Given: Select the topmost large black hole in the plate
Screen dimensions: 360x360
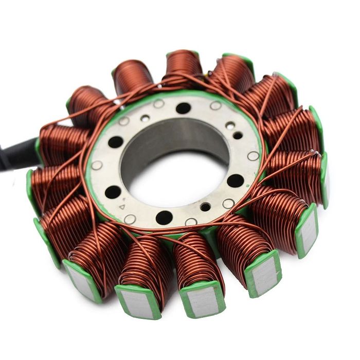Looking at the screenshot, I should [183, 108].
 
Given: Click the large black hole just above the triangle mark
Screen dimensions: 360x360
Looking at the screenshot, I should [113, 192].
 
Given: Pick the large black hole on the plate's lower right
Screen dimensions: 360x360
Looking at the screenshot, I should [235, 181].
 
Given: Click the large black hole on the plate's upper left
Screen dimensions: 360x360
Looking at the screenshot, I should [116, 142].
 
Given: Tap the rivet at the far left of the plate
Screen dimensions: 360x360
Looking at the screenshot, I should [96, 165].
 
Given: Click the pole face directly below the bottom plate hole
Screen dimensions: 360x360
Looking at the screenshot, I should [202, 301].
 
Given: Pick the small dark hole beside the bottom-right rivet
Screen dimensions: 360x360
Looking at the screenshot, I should [205, 207].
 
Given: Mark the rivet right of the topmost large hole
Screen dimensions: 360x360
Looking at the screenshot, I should [215, 105].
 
